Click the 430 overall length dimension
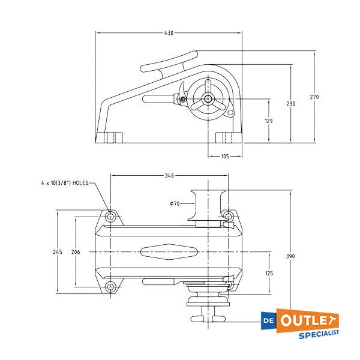click(x=169, y=33)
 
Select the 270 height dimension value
click(x=314, y=97)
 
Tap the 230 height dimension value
click(x=290, y=104)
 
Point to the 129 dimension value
click(x=268, y=121)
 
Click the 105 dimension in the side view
click(x=225, y=156)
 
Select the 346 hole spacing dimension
click(x=169, y=176)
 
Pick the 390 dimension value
click(x=290, y=256)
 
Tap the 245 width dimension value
click(x=56, y=252)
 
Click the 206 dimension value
click(x=76, y=252)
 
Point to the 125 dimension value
click(x=268, y=273)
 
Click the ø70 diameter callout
click(x=175, y=204)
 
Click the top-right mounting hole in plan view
click(x=228, y=215)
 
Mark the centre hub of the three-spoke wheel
click(x=208, y=100)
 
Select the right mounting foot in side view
click(x=225, y=138)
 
